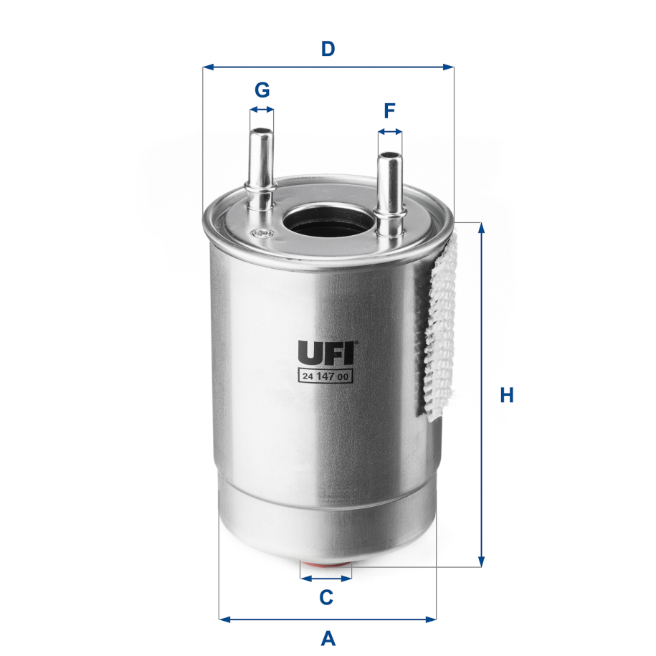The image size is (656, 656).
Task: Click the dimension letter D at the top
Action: pyautogui.click(x=328, y=49)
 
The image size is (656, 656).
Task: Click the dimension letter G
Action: pyautogui.click(x=262, y=90)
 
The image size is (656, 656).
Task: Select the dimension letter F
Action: pyautogui.click(x=389, y=111)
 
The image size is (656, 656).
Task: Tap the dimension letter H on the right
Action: pyautogui.click(x=507, y=395)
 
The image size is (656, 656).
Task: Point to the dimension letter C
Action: pyautogui.click(x=325, y=596)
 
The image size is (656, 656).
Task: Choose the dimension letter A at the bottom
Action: pyautogui.click(x=328, y=637)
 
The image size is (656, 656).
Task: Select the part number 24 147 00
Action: pyautogui.click(x=324, y=376)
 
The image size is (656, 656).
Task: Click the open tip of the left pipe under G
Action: pyautogui.click(x=262, y=131)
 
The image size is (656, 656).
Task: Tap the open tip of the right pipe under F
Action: pyautogui.click(x=390, y=154)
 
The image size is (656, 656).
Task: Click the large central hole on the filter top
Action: pyautogui.click(x=328, y=219)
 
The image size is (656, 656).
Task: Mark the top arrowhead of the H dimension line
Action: pyautogui.click(x=482, y=228)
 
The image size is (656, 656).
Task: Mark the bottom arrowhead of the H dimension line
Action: pyautogui.click(x=482, y=561)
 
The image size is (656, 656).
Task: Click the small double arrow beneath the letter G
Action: pyautogui.click(x=262, y=110)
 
